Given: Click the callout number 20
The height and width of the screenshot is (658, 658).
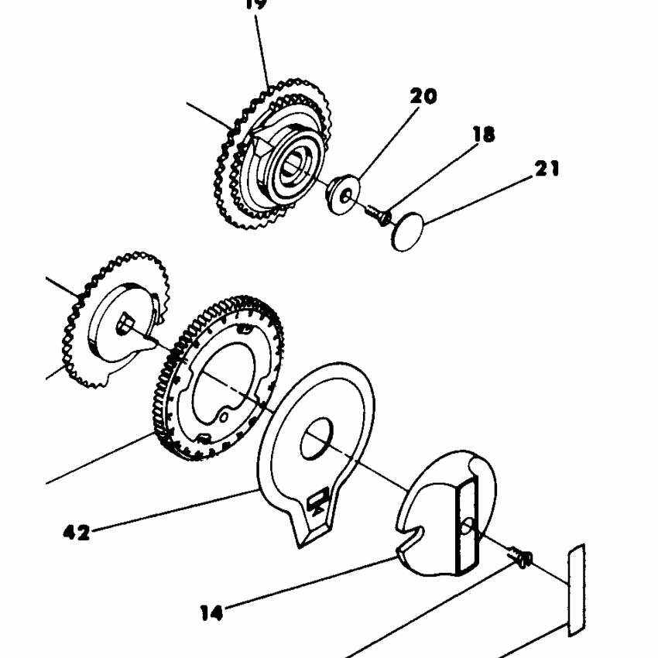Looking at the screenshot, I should pos(423,97).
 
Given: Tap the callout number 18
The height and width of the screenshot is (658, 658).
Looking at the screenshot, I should pos(483,135).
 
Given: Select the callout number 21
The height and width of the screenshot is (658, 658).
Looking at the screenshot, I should pos(547,168).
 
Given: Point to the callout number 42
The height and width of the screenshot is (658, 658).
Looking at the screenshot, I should pos(76,532).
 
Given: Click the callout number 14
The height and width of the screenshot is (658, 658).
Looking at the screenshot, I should pos(211,613).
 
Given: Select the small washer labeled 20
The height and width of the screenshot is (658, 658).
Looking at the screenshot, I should pos(341,194).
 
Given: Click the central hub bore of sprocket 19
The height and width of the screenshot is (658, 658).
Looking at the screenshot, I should pos(296,163).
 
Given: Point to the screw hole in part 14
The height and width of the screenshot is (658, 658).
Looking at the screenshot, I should pos(468,526).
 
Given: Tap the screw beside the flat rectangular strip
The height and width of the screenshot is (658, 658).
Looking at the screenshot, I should pos(519,557).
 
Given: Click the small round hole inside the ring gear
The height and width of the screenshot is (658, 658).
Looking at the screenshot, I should pos(224,416).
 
